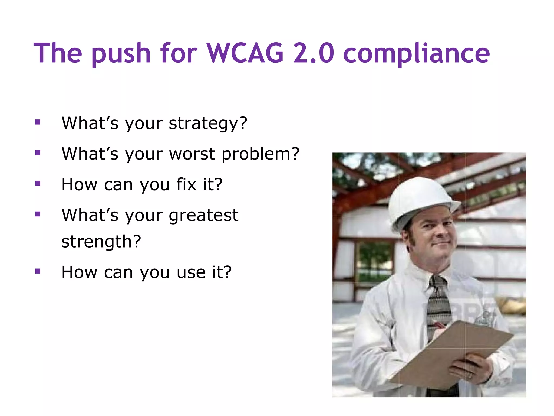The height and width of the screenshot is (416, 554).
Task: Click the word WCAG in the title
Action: [x=245, y=53]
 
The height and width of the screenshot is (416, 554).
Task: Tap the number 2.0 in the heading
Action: [x=314, y=53]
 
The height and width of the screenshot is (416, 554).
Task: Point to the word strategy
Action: [x=208, y=123]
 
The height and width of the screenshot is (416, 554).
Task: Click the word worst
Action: [x=192, y=154]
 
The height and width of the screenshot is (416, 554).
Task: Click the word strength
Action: [x=101, y=242]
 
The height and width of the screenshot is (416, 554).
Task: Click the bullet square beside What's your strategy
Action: [x=38, y=122]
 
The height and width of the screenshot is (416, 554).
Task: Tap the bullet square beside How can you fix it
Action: [x=38, y=184]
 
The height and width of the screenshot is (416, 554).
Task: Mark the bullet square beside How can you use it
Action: [x=38, y=271]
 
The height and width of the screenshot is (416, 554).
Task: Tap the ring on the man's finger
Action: [x=470, y=376]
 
